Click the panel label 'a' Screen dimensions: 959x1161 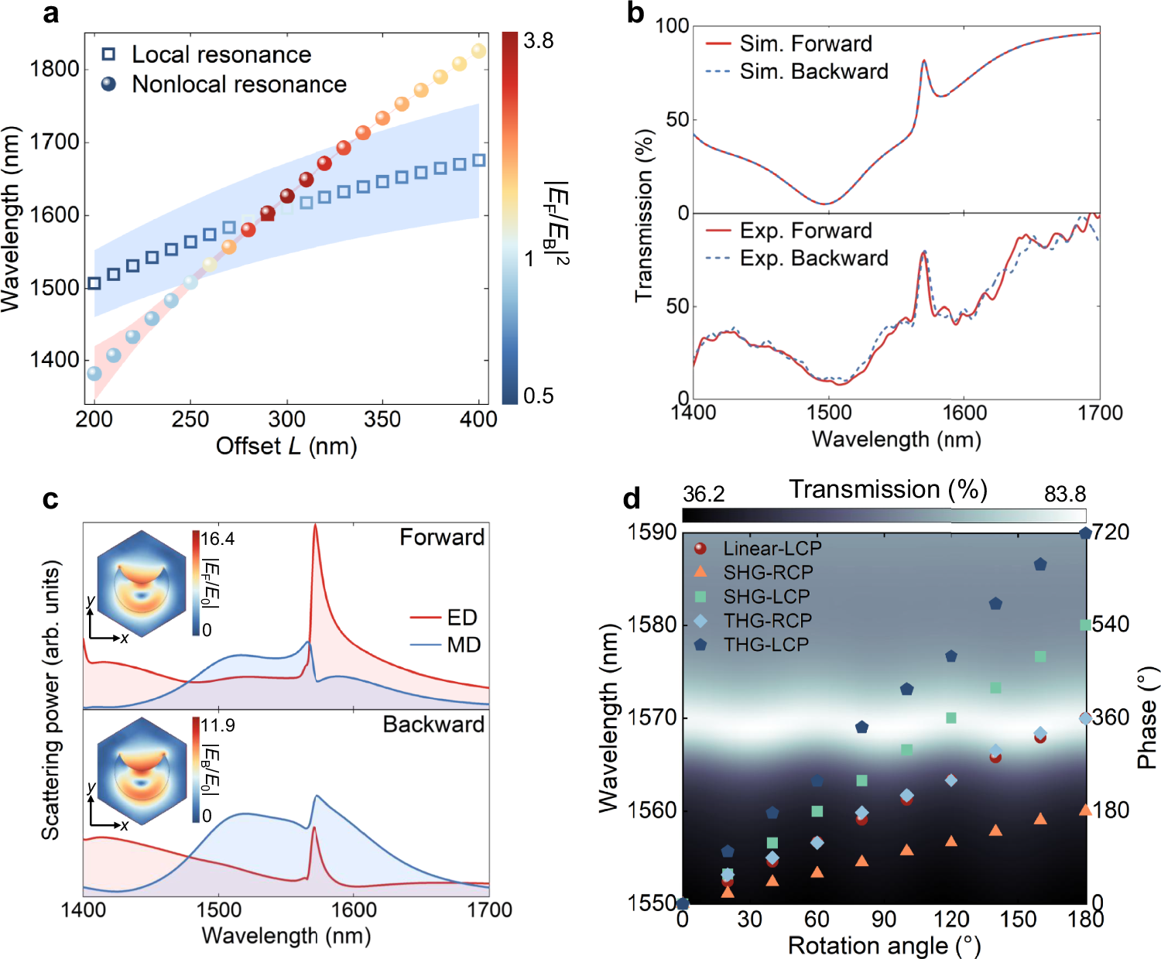pos(50,14)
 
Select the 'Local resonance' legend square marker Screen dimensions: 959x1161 pos(109,54)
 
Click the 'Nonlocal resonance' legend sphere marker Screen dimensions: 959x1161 pos(109,84)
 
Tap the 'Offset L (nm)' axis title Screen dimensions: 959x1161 pos(286,446)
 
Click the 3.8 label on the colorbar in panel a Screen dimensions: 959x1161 pos(538,41)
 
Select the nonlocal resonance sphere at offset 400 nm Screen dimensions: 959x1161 pos(478,51)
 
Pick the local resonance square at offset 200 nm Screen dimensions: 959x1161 pos(94,283)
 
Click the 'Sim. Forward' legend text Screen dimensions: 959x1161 pos(805,43)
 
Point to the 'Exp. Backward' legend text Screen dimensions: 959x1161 pos(813,258)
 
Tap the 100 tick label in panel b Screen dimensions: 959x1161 pos(672,26)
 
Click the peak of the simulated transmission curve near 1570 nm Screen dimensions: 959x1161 pos(923,61)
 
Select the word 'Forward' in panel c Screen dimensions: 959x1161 pos(441,537)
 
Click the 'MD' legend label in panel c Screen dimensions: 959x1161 pos(464,645)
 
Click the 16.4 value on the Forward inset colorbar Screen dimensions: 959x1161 pos(217,539)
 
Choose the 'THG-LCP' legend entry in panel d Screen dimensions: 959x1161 pos(765,645)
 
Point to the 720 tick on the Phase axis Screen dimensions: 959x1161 pos(1110,533)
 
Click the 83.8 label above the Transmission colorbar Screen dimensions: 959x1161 pos(1064,494)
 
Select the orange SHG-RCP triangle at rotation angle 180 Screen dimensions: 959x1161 pos(1085,810)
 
